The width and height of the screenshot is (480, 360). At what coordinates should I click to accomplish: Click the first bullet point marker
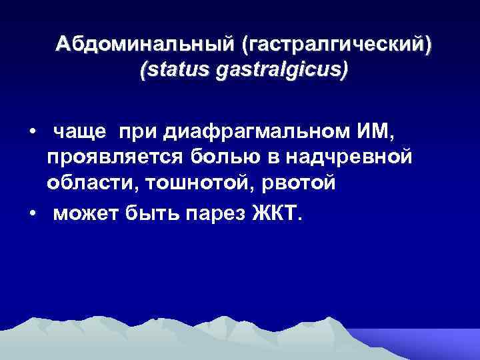pyautogui.click(x=32, y=132)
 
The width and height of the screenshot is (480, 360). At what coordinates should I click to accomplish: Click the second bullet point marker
pyautogui.click(x=32, y=215)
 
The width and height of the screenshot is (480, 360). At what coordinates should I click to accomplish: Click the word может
pyautogui.click(x=84, y=213)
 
